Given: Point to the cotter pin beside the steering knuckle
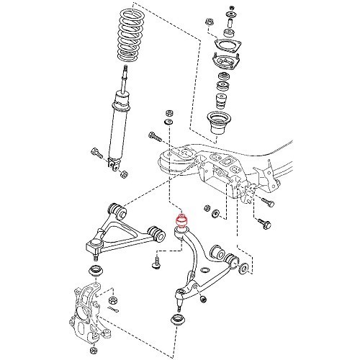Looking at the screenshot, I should (117, 310).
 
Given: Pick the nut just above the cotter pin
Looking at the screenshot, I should (113, 297).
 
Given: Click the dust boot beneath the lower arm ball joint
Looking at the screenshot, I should (174, 318).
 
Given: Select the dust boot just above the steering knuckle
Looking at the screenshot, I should (94, 271).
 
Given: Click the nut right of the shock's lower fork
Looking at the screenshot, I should (125, 174).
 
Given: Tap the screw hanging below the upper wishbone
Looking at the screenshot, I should (155, 264).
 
